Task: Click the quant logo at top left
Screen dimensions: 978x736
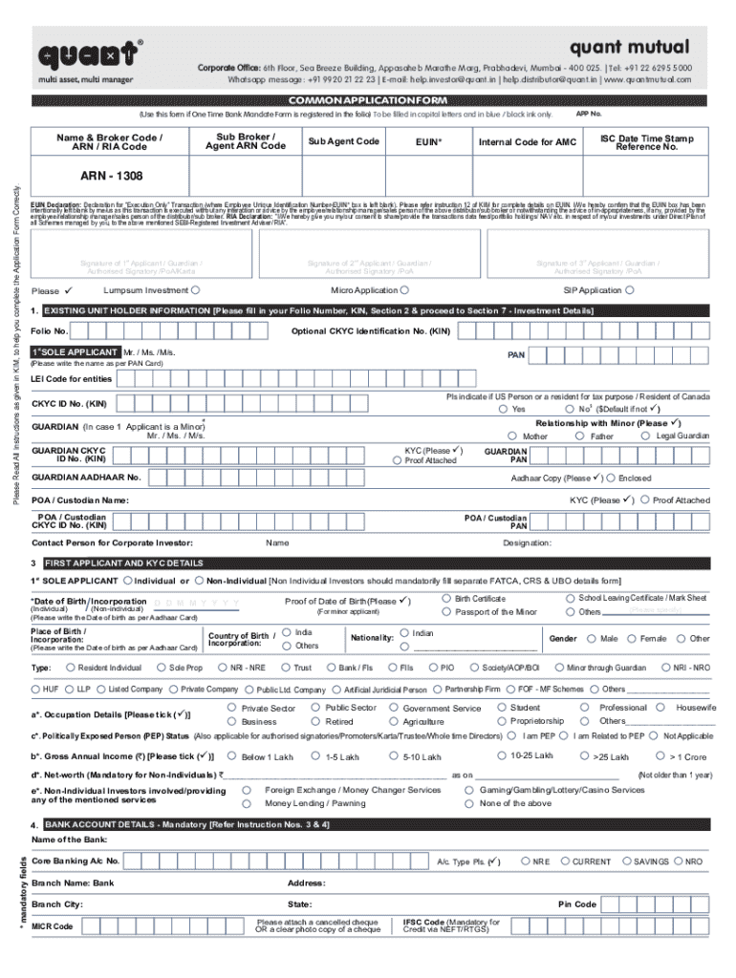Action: click(87, 53)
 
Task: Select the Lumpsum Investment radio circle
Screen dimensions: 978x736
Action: click(195, 290)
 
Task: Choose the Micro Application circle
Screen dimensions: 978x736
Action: click(405, 290)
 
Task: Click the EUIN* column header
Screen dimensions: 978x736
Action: click(428, 141)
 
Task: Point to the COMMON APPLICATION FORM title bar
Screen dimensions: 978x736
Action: click(367, 100)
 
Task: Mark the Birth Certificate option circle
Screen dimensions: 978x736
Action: click(446, 598)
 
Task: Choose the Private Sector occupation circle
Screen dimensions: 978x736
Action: click(231, 708)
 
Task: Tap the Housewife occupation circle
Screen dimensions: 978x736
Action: click(666, 708)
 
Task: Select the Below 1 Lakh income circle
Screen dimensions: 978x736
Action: click(231, 756)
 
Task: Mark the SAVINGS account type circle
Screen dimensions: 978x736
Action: click(625, 861)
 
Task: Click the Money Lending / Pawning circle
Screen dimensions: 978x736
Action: click(247, 803)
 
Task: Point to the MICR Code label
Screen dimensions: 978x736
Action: click(53, 926)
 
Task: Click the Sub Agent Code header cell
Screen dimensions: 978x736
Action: click(343, 141)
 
